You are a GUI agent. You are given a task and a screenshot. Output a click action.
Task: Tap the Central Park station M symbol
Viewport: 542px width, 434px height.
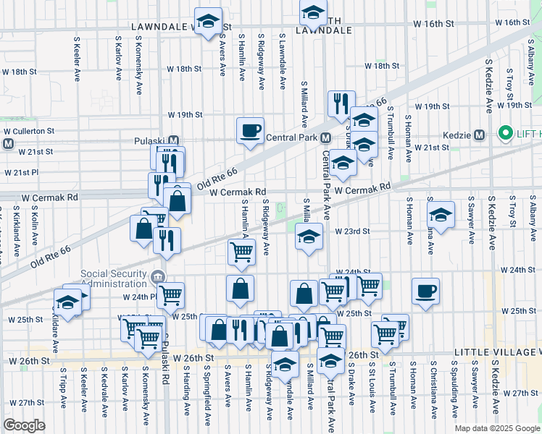[326, 137]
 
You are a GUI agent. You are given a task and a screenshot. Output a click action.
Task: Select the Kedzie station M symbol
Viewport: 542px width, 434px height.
[479, 135]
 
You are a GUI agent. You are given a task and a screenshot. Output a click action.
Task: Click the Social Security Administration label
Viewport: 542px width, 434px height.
[118, 278]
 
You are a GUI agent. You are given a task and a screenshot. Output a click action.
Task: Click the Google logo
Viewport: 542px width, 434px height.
[25, 425]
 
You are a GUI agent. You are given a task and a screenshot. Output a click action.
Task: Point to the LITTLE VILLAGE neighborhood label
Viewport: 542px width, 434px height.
[496, 352]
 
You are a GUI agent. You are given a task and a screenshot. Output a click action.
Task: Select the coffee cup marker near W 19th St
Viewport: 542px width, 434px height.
[250, 130]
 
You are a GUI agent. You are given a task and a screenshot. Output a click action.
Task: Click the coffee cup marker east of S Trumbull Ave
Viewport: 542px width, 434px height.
[425, 291]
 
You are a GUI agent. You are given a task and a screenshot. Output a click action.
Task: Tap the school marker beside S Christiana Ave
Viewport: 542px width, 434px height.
[441, 215]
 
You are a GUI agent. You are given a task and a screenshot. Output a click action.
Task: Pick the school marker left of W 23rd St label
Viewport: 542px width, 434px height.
[309, 237]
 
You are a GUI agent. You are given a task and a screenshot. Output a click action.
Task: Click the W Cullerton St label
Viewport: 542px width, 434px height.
[29, 131]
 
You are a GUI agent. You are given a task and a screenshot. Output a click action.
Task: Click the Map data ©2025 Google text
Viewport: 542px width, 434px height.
[497, 428]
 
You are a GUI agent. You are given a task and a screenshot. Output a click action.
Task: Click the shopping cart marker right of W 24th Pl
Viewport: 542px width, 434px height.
[170, 294]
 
